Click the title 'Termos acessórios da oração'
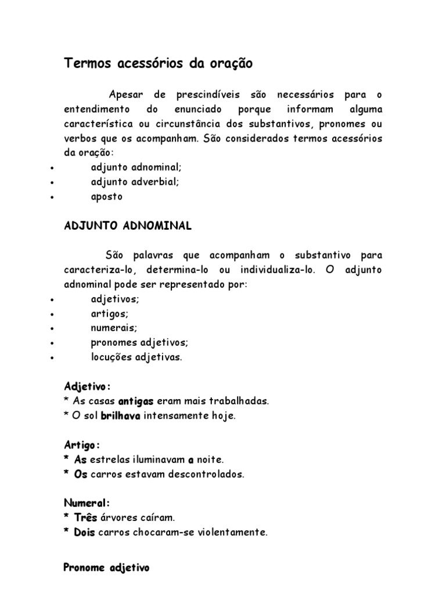[158, 64]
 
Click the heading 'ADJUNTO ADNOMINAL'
[127, 226]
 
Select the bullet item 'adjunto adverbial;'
[135, 182]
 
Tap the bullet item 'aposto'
[107, 196]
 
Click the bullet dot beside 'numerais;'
[53, 328]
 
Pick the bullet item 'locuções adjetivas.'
[136, 357]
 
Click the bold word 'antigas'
[136, 401]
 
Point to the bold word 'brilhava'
[121, 416]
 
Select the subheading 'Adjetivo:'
[87, 386]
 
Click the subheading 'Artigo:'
[82, 445]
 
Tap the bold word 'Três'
[86, 517]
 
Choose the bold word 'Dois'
[85, 532]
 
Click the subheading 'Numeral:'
[87, 503]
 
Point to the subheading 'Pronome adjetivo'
[106, 568]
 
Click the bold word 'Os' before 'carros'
[80, 474]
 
